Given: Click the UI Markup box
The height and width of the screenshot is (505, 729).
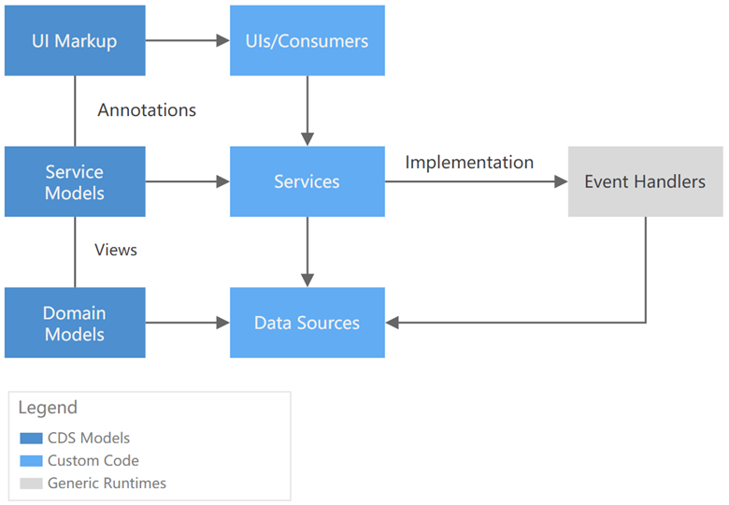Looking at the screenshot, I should point(75,40).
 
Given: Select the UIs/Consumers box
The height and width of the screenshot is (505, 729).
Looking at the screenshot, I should point(307,40).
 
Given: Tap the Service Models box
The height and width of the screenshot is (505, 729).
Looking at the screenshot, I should point(75,181).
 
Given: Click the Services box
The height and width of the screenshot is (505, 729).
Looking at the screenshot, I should point(307,181).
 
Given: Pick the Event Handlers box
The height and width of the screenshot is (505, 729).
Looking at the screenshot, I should point(645,181).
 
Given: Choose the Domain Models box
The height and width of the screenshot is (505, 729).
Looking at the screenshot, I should point(75,323).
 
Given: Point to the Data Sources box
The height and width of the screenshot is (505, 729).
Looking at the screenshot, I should point(307,323).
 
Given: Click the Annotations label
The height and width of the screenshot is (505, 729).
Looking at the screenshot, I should point(147,110).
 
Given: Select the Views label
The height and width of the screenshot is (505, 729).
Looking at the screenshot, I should point(116,250).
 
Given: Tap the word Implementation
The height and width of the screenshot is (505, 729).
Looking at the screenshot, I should point(469,163).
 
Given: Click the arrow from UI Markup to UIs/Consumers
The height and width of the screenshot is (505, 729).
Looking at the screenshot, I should point(187,40).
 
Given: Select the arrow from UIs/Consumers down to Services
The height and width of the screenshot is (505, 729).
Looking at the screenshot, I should point(307,110).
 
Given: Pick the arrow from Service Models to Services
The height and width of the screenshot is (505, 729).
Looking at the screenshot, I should point(187,181).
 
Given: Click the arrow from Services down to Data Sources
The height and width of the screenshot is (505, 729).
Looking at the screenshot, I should point(307,252).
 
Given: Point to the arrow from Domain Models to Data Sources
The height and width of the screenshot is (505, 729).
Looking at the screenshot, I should point(187,323).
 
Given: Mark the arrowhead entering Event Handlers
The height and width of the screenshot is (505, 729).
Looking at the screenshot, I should point(560,181).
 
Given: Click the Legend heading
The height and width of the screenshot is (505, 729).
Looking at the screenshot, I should point(48,409).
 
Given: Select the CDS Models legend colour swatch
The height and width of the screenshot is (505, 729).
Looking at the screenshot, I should point(30,438).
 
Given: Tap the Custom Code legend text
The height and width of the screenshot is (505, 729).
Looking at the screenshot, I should point(93,460).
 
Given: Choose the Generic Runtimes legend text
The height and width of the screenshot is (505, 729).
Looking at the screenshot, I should point(107,483).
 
